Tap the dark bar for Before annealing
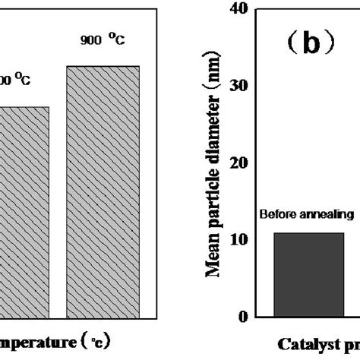[x=308, y=274]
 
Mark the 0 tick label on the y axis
[x=244, y=317]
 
